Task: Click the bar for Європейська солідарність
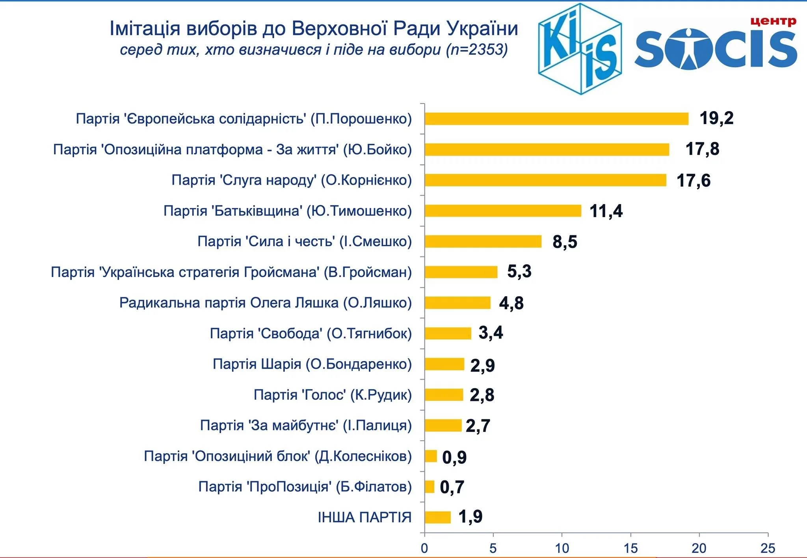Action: [556, 119]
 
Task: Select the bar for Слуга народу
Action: [545, 180]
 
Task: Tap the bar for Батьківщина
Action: [503, 211]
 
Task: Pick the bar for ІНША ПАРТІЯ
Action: [437, 517]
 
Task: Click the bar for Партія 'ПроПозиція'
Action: [430, 487]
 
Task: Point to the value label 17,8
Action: [702, 149]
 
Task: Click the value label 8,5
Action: [565, 241]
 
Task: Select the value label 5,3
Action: [519, 272]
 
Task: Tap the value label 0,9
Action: [454, 457]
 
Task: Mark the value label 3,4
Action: [491, 333]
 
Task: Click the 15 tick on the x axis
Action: [630, 548]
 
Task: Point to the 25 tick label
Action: [768, 548]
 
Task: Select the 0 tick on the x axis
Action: [424, 548]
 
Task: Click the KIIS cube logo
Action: [580, 49]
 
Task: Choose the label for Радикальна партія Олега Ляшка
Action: [265, 303]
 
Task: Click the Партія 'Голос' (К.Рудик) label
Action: [333, 395]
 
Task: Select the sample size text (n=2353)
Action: [477, 50]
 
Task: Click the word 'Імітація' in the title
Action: [145, 28]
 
